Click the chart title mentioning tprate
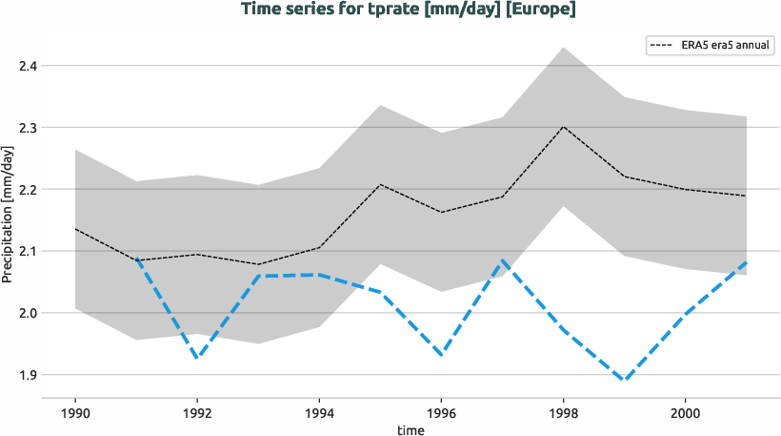coord(409,10)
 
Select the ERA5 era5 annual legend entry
coord(710,45)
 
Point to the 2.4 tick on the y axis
coord(28,66)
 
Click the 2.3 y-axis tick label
coord(28,128)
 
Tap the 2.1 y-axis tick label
coord(28,252)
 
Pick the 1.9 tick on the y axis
coord(28,375)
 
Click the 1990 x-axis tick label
coord(75,413)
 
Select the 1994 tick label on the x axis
coord(319,413)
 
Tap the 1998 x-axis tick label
coord(563,413)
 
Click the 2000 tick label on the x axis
coord(685,413)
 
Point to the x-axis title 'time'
coord(411,429)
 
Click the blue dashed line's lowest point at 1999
coord(624,380)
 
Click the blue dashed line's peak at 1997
coord(502,260)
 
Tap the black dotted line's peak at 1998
coord(563,127)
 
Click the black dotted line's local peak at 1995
coord(380,184)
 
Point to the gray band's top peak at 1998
coord(563,48)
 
